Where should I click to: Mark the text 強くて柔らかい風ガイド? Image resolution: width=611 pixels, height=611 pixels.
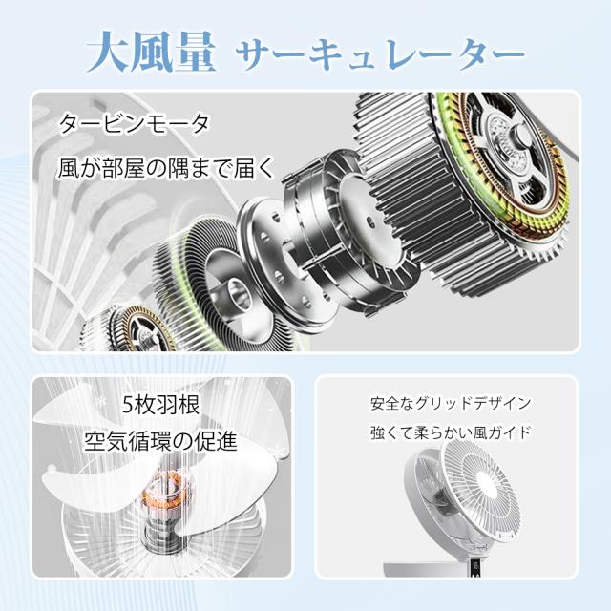pyautogui.click(x=451, y=432)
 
